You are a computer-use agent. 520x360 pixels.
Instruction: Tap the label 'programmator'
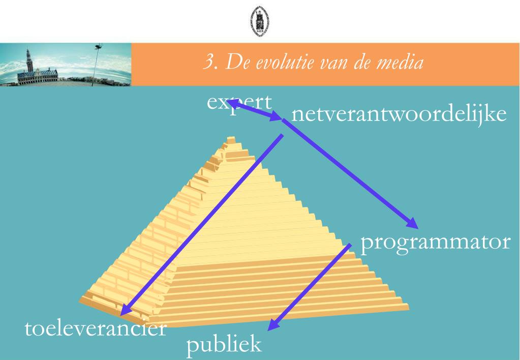pos(435,243)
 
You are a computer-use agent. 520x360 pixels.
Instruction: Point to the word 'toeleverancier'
pos(96,328)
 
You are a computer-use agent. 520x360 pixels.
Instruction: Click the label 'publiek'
pos(224,344)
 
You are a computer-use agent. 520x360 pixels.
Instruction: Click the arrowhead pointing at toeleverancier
pos(126,309)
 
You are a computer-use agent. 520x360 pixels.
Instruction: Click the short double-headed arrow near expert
pos(254,110)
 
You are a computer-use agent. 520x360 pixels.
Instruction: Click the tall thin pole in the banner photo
pos(95,66)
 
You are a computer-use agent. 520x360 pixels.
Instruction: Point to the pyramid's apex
pos(231,138)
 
